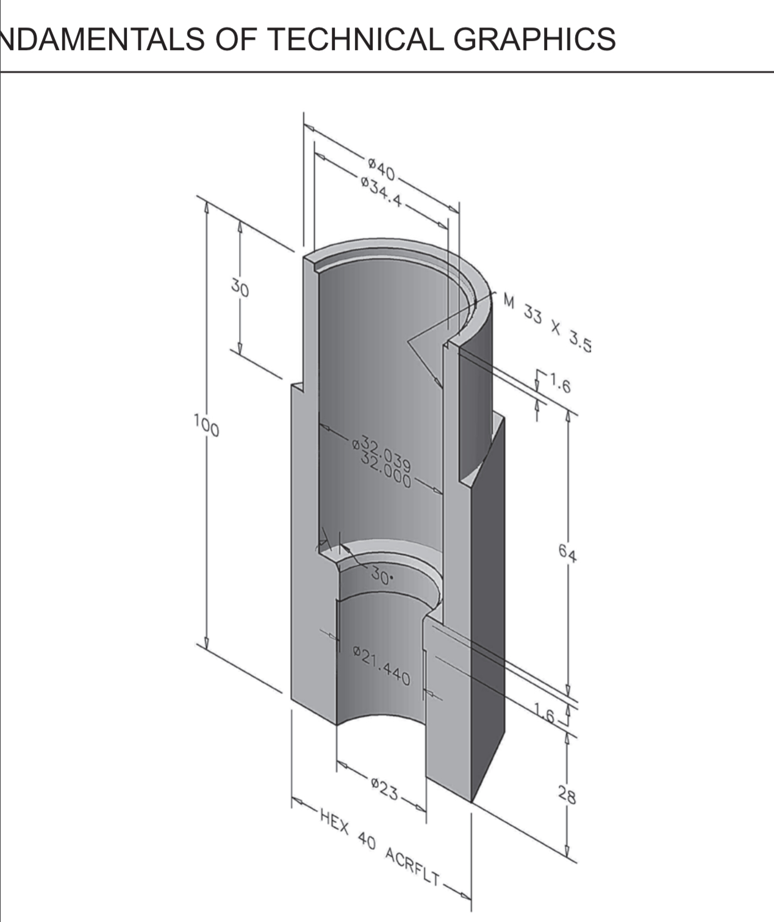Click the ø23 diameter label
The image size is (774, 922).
pos(384,790)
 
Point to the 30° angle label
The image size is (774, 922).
pos(381,576)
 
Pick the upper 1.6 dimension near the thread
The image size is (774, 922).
pos(559,385)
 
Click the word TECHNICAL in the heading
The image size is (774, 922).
pos(355,39)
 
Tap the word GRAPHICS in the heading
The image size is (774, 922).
pos(534,39)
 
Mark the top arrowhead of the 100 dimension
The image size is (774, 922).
pos(206,208)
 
